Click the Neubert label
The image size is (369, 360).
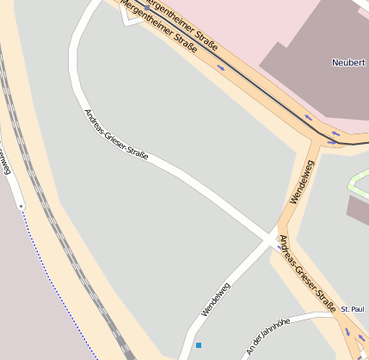coord(348,63)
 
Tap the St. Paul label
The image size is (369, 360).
coord(354,309)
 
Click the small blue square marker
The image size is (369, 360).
coord(199,345)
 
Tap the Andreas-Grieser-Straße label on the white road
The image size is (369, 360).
coord(116,134)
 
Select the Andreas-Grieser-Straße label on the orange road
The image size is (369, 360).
coord(303,273)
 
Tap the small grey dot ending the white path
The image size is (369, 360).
coord(21,206)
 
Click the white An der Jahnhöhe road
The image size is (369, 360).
coord(292,320)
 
